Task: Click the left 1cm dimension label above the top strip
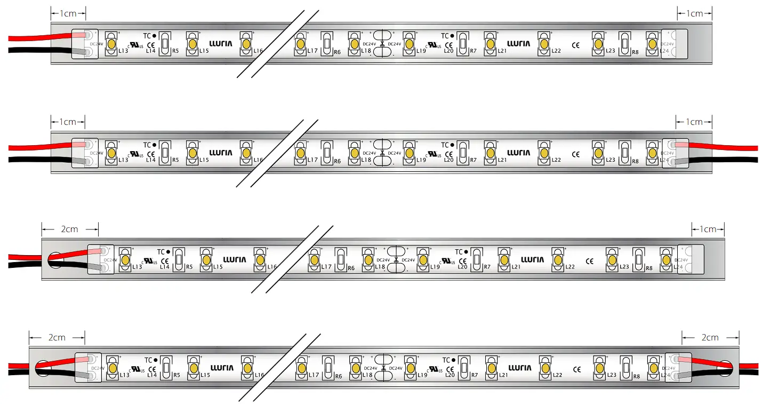coord(68,13)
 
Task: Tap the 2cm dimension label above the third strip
coord(69,229)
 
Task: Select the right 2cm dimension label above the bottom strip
coord(710,337)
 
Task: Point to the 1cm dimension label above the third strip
coord(708,229)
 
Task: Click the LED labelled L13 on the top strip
coord(111,43)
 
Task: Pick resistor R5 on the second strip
coord(166,153)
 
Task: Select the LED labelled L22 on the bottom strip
coord(545,368)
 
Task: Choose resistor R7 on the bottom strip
coord(464,368)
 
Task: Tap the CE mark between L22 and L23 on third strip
coord(589,261)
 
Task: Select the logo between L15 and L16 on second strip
coord(221,153)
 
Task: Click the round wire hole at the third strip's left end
coord(55,260)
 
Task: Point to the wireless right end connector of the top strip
coord(675,44)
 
